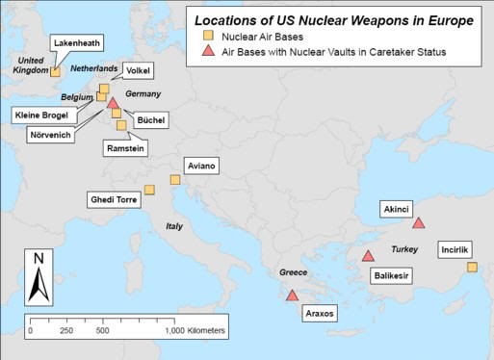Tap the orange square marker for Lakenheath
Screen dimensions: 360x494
click(56, 70)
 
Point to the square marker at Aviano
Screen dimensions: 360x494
click(175, 179)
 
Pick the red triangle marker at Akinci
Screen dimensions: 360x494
click(418, 223)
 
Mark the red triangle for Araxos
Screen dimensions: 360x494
click(292, 295)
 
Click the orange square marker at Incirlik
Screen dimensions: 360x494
click(472, 267)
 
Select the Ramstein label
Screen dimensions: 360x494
click(126, 149)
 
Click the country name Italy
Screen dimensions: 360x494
click(173, 227)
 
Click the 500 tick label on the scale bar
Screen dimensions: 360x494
click(103, 330)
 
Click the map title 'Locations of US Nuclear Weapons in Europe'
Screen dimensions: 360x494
click(336, 18)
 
